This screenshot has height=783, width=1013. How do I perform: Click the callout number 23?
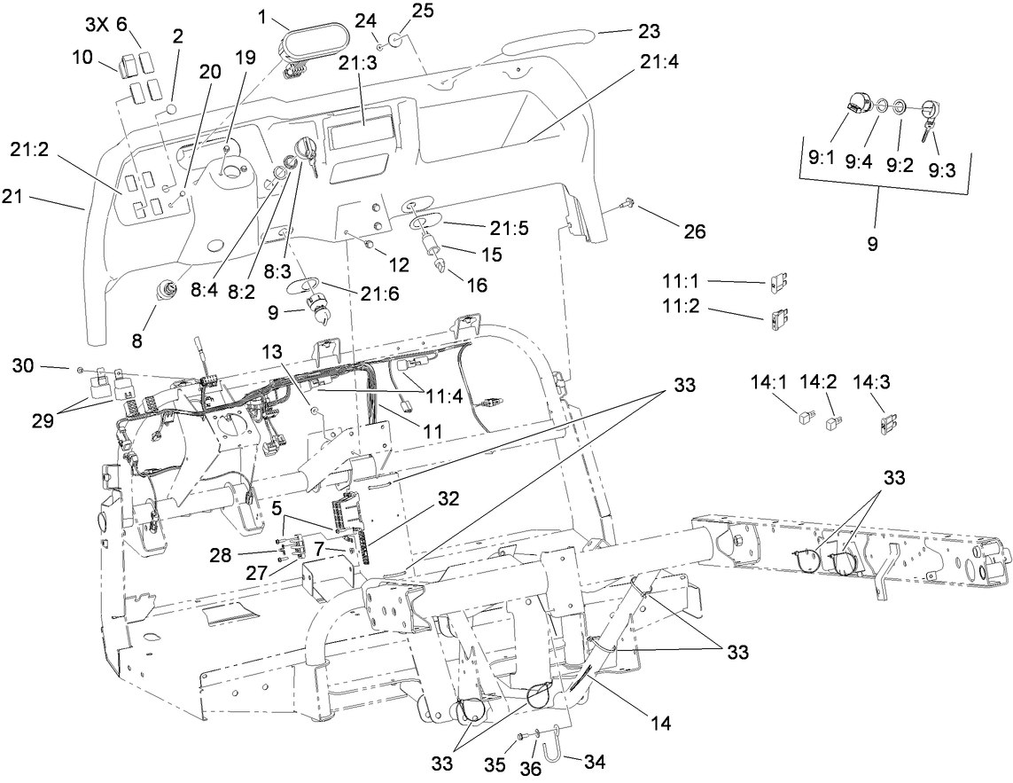[649, 32]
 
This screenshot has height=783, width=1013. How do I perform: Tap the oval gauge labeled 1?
[306, 43]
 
